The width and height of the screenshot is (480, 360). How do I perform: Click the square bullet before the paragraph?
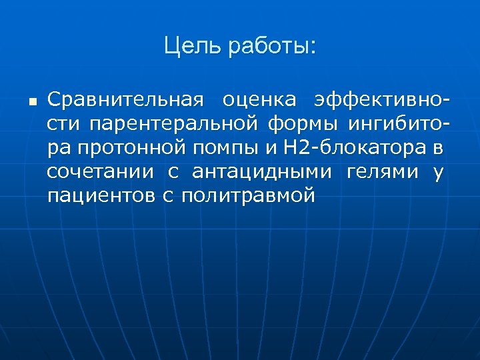pyautogui.click(x=31, y=102)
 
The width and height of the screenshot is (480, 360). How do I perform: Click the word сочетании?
pyautogui.click(x=99, y=171)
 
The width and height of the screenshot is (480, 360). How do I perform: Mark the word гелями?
pyautogui.click(x=381, y=171)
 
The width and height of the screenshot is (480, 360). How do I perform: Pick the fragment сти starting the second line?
pyautogui.click(x=64, y=124)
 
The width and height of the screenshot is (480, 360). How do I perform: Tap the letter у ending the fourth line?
pyautogui.click(x=438, y=171)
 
